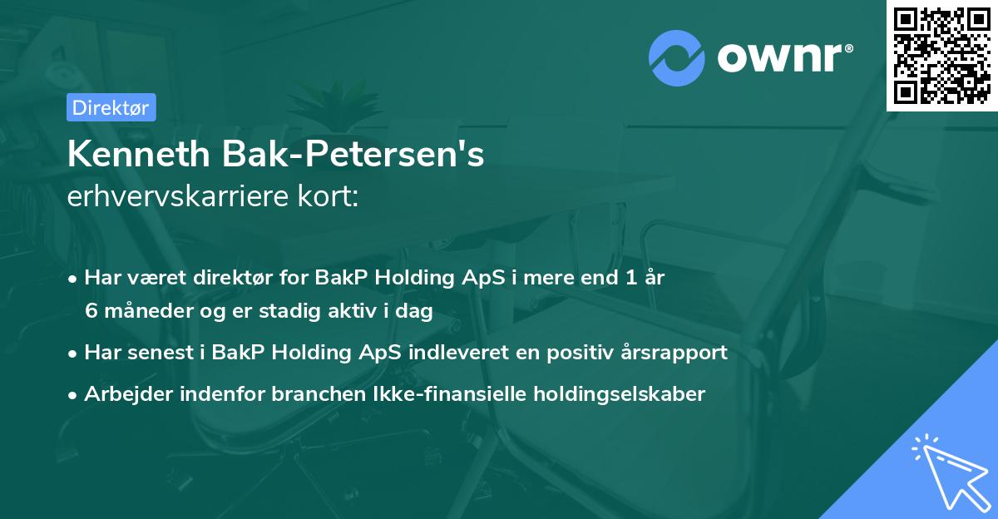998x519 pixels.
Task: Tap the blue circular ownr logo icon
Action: pyautogui.click(x=678, y=57)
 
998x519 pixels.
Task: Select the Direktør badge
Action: pyautogui.click(x=111, y=106)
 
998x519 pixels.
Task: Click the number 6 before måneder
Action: pyautogui.click(x=91, y=310)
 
